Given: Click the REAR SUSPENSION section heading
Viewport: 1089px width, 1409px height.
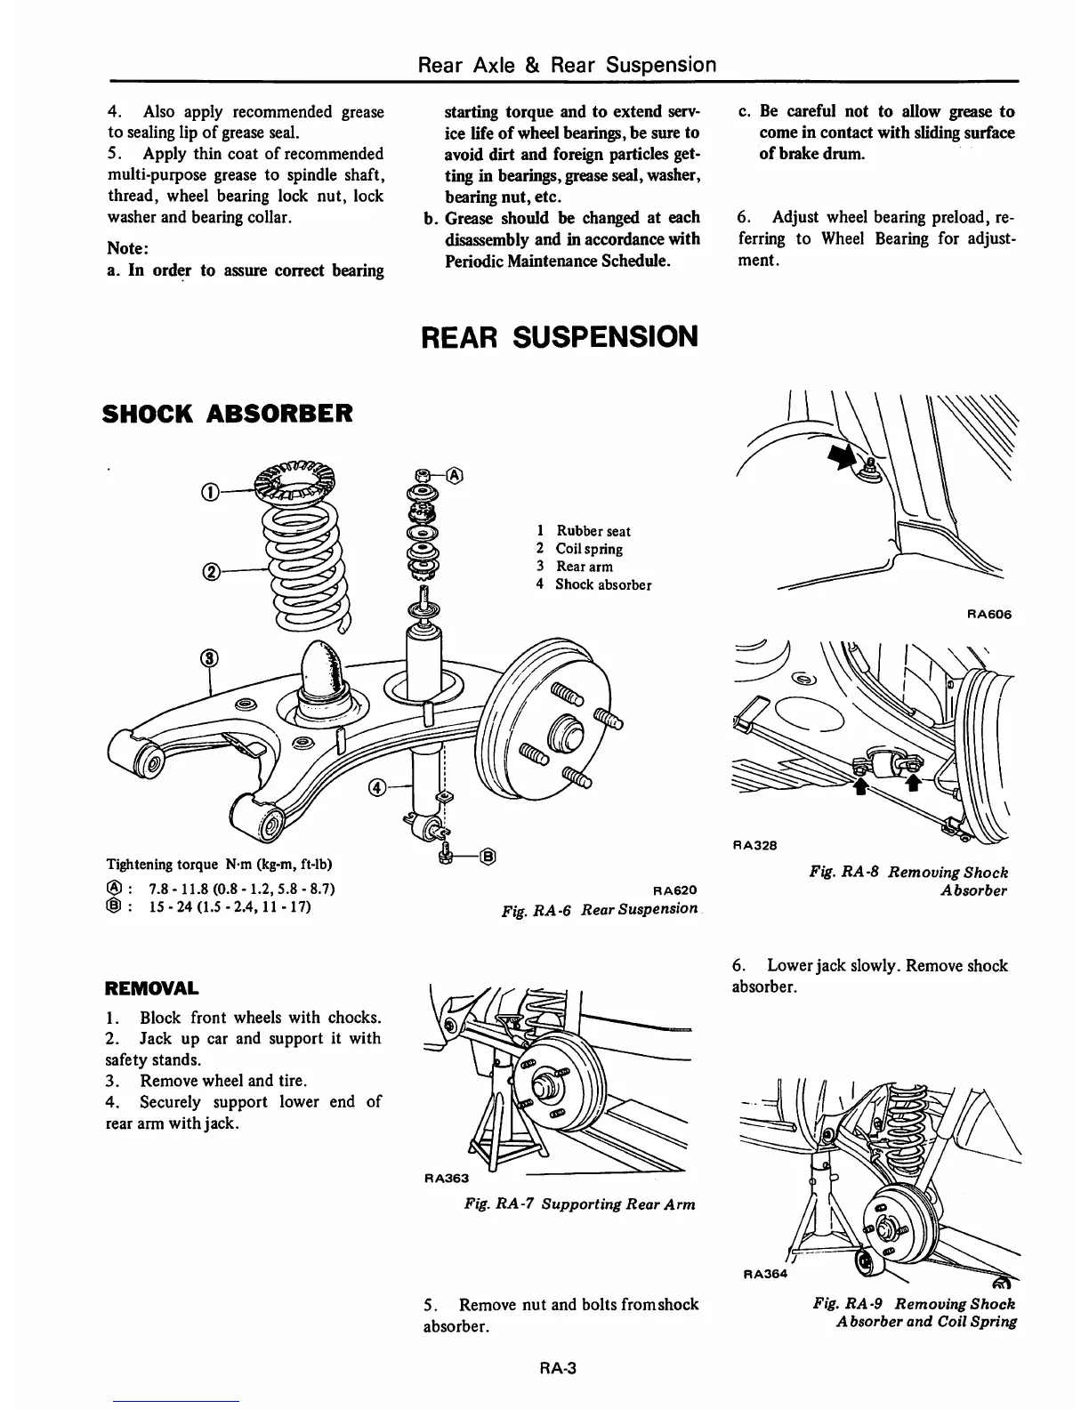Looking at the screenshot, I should click(x=559, y=336).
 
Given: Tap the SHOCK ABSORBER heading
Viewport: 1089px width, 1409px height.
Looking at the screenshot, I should click(x=228, y=414).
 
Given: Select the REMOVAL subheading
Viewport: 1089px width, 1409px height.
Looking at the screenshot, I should click(x=151, y=988).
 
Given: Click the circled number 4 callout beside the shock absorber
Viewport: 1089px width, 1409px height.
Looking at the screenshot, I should click(x=378, y=786).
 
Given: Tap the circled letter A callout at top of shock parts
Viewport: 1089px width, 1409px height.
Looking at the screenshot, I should click(x=454, y=474).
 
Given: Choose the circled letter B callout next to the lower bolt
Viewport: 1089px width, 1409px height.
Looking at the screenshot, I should click(x=487, y=857).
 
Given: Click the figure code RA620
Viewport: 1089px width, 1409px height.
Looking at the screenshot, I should click(x=674, y=890).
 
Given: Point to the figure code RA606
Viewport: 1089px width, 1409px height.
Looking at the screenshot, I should click(x=988, y=614).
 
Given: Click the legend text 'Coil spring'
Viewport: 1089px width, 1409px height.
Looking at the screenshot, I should click(x=588, y=549).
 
